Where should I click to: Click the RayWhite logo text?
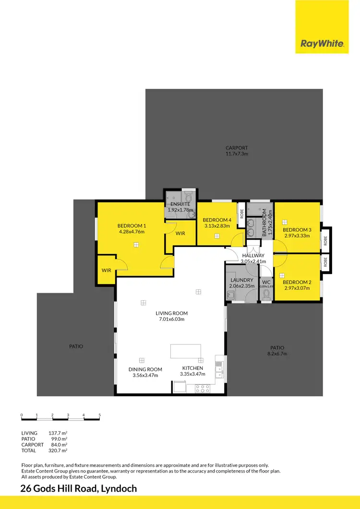coord(322,44)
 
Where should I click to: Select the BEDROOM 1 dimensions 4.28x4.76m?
coord(131,232)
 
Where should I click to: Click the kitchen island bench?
coord(186,351)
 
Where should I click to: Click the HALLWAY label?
coord(253,256)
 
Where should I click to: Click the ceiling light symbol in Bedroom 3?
coord(285,222)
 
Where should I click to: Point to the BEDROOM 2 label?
coord(297,282)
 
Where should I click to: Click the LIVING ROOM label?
coord(171,313)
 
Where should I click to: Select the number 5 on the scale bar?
coord(99,415)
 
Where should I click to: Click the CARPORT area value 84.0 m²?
coord(60,445)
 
